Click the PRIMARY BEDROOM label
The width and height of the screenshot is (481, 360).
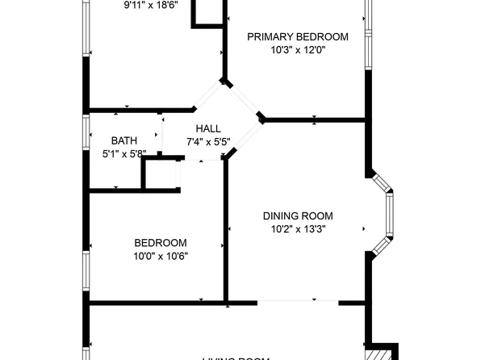coord(297,36)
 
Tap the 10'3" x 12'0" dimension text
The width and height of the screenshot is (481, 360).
coord(297,50)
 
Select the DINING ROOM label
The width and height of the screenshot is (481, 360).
coord(297,216)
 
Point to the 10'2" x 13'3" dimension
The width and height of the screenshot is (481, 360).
coord(297,228)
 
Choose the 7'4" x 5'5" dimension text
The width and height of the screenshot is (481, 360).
coord(208,142)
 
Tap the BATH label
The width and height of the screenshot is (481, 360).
coord(123,140)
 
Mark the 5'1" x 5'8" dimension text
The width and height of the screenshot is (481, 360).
coord(123,153)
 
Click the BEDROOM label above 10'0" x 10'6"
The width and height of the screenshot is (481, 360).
coord(161,243)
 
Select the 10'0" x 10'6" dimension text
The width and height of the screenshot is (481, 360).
coord(161,257)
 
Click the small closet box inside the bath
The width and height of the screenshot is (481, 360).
coord(160,174)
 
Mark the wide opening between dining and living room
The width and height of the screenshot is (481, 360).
coord(297,303)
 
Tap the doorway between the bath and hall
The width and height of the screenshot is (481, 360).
coord(163,134)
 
